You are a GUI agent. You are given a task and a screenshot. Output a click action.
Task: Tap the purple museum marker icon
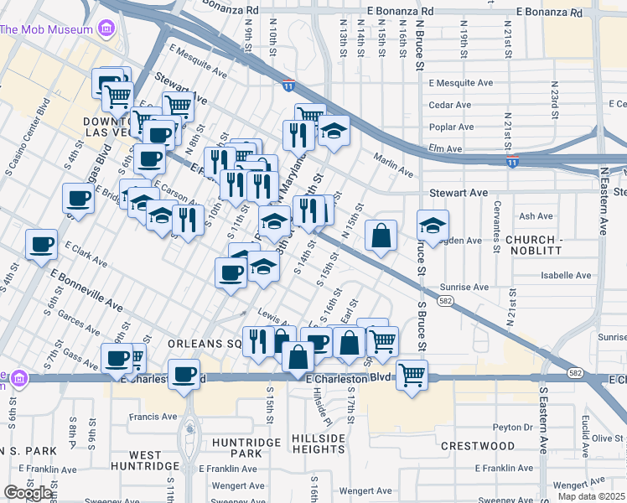point(106,31)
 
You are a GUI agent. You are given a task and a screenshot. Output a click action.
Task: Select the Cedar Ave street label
point(450,105)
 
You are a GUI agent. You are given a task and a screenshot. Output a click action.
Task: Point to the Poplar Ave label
point(450,127)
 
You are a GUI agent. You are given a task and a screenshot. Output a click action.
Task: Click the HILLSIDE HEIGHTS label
point(319,444)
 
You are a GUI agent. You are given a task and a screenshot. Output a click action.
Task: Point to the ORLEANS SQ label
point(205,344)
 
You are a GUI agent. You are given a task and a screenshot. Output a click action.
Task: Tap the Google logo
point(28,493)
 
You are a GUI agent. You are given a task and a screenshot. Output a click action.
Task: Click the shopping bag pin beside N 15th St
point(381,237)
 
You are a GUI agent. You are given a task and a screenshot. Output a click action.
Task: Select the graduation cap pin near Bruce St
point(433,226)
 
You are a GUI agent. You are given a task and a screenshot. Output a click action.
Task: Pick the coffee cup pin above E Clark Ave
point(41,245)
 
